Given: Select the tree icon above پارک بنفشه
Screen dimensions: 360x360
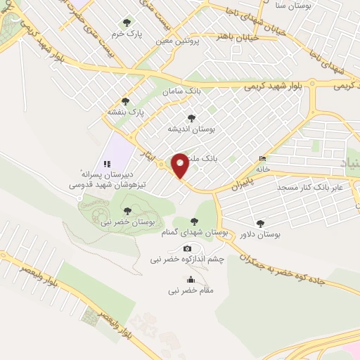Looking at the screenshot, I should tap(125, 101).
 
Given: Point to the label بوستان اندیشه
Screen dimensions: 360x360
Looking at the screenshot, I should tap(191, 130).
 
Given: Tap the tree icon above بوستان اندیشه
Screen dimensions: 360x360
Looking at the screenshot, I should tap(191, 118).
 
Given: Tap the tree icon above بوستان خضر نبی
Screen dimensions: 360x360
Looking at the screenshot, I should tap(127, 210).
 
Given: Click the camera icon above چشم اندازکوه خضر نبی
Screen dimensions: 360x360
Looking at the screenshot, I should tap(187, 248).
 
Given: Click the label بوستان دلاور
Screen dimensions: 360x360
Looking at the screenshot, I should tap(260, 235).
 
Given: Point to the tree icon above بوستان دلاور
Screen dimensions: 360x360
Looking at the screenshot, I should tap(261, 223).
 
